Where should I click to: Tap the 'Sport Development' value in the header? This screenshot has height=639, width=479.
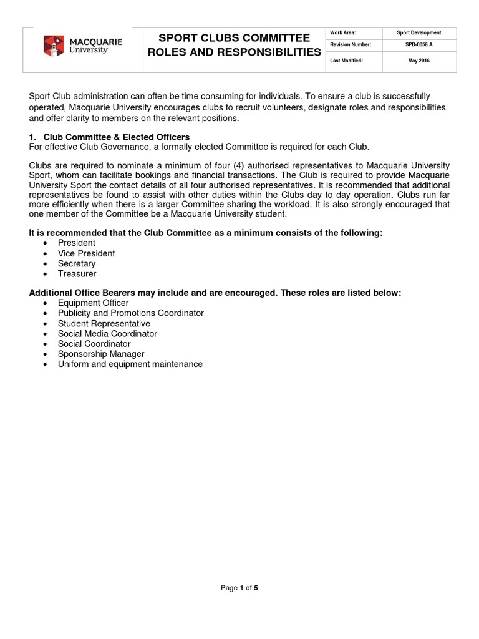pyautogui.click(x=419, y=32)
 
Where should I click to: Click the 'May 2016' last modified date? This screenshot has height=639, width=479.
pyautogui.click(x=419, y=61)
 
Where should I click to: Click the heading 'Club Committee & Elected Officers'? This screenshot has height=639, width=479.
pyautogui.click(x=116, y=137)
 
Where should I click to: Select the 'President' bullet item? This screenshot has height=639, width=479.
pyautogui.click(x=77, y=243)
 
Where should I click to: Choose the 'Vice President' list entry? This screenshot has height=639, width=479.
pyautogui.click(x=86, y=253)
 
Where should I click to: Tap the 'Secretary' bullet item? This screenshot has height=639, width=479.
pyautogui.click(x=77, y=263)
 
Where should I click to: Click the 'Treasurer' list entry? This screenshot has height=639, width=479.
pyautogui.click(x=77, y=273)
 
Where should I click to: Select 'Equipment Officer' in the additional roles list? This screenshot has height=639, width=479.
pyautogui.click(x=93, y=303)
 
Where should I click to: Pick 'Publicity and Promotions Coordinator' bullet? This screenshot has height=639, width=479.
pyautogui.click(x=130, y=313)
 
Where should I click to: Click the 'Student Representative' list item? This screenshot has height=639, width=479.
pyautogui.click(x=104, y=323)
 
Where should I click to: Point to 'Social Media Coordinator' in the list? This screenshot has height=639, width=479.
pyautogui.click(x=107, y=333)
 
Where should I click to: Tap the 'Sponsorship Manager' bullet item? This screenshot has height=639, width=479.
pyautogui.click(x=100, y=354)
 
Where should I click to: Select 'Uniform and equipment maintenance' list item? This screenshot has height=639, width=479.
pyautogui.click(x=130, y=364)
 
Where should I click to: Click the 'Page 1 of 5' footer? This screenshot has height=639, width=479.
pyautogui.click(x=239, y=588)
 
